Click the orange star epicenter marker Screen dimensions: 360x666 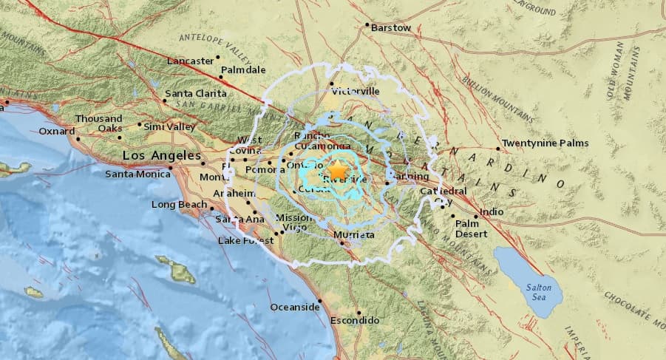(x=337, y=171)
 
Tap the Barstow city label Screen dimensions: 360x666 (x=391, y=27)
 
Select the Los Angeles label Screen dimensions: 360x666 (x=161, y=156)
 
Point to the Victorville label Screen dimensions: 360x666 (x=356, y=91)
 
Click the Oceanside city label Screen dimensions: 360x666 (x=294, y=307)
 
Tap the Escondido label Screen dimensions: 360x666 (x=354, y=321)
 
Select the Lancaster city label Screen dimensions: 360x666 (x=189, y=61)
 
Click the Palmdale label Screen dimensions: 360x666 (x=245, y=69)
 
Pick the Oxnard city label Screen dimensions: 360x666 (x=57, y=132)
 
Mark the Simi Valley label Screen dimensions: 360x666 (x=169, y=127)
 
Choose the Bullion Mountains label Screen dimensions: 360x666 (x=497, y=98)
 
